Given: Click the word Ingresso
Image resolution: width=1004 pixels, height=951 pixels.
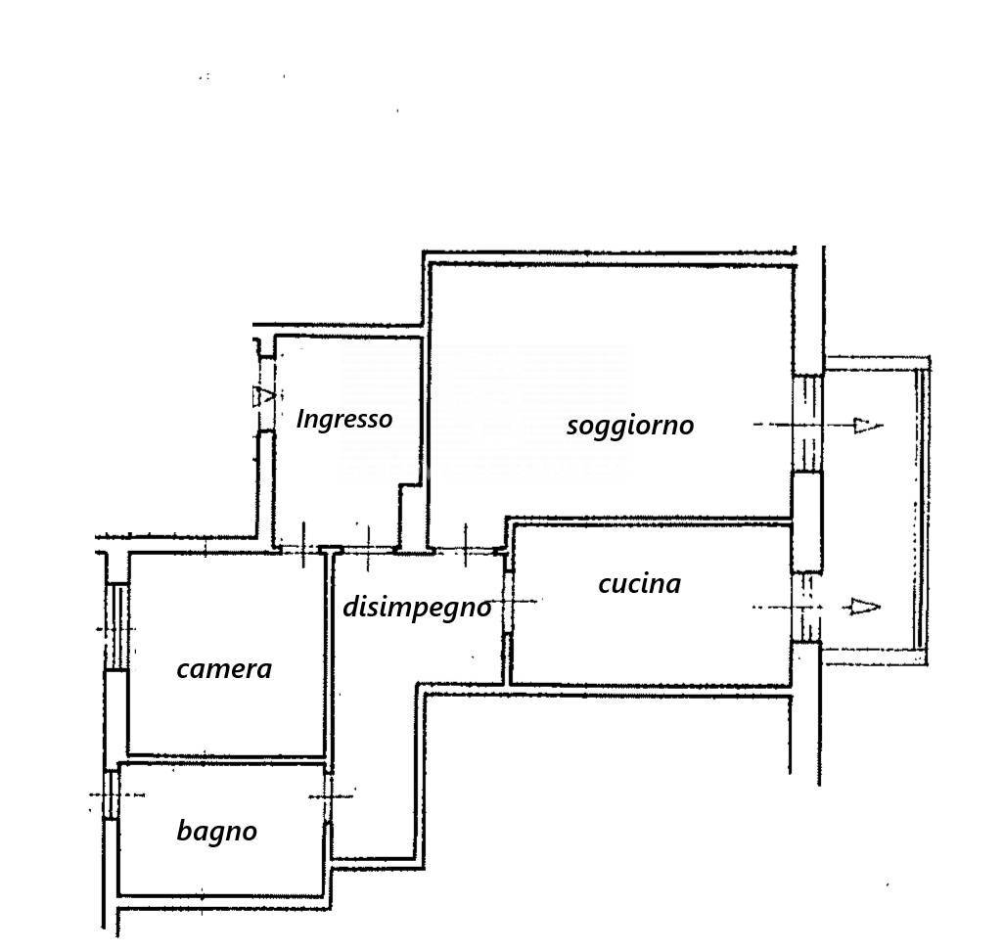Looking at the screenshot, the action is pos(344,420).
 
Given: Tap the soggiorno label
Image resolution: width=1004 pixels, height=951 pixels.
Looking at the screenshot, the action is pos(630,426).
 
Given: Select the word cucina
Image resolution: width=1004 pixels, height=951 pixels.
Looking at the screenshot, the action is pos(639,584).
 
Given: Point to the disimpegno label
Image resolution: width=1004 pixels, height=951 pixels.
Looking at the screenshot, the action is pos(417,608).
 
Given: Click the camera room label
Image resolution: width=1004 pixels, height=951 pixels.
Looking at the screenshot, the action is pos(224,669).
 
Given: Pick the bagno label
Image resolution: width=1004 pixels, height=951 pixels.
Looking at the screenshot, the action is pos(216,832).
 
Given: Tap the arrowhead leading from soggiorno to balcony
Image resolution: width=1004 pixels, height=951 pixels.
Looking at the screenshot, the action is pos(868,426).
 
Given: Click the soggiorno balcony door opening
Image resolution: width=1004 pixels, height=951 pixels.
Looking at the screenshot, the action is pos(807,424).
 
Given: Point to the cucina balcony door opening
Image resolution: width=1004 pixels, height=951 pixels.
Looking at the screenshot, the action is pos(806,608).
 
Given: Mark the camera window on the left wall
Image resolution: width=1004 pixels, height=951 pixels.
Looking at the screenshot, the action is pos(116,627).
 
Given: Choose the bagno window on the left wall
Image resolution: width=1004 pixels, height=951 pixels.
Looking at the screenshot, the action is pos(112,794).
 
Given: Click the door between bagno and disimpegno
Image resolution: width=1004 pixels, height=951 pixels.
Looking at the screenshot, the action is pos(328,798).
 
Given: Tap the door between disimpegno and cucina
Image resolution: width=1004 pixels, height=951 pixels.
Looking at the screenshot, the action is pos(508,602).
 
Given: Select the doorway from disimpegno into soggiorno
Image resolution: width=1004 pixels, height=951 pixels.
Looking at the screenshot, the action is pos(466,550).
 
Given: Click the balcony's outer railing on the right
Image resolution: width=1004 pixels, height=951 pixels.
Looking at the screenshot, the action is pos(921,509).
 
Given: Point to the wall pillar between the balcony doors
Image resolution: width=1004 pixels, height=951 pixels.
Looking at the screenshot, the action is pos(807,521).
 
